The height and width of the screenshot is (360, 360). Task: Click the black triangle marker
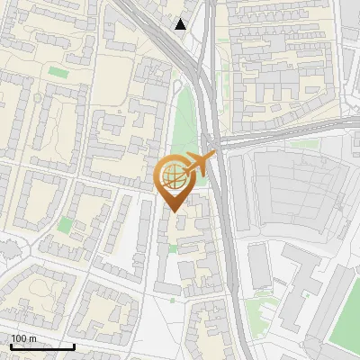181,24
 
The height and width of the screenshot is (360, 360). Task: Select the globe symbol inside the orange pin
174,177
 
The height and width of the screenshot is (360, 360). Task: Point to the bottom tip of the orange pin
174,212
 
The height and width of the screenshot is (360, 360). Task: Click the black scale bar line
42,346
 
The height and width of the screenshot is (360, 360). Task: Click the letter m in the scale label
34,338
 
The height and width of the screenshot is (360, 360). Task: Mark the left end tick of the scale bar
12,345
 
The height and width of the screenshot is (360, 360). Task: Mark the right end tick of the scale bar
74,345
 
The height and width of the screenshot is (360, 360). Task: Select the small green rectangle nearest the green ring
58,72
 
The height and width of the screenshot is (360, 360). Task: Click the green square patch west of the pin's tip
65,224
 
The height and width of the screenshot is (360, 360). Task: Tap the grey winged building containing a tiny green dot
297,288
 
